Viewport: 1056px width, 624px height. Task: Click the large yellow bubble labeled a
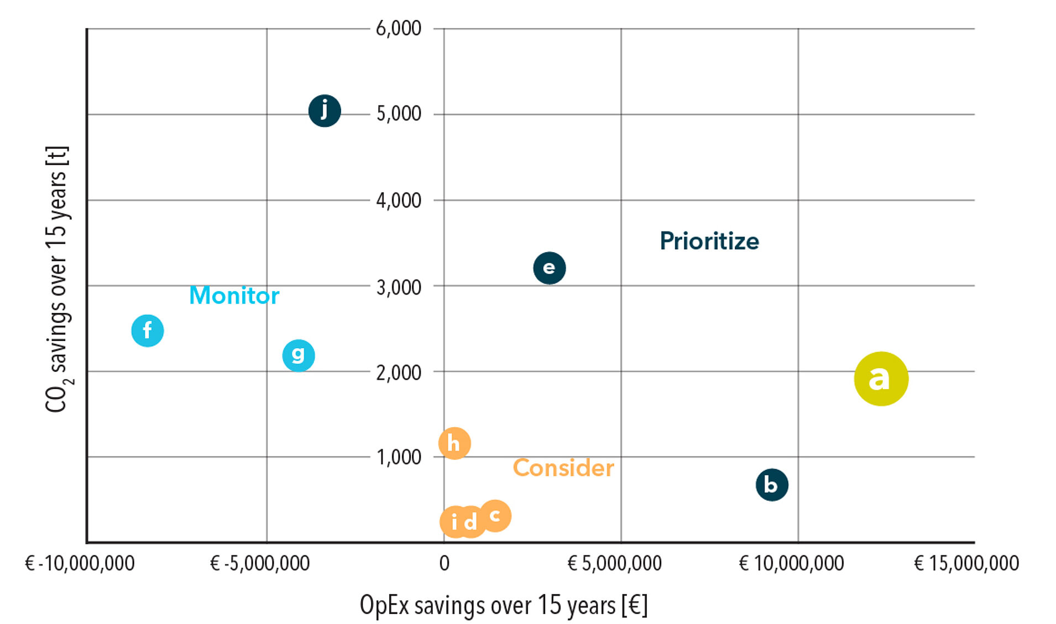coord(881,379)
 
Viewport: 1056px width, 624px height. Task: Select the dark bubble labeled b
coord(771,485)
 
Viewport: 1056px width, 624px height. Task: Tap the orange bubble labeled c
coord(495,516)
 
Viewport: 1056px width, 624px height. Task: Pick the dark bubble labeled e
coord(549,268)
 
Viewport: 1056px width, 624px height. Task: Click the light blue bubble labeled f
coord(148,331)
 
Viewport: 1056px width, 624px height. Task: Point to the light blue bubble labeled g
coord(299,355)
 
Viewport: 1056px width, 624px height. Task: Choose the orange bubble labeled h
coord(454,443)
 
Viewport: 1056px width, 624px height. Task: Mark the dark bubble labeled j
coord(325,111)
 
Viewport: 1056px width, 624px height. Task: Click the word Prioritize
coord(709,241)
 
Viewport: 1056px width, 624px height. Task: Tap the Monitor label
coord(234,295)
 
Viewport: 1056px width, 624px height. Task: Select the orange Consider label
coord(563,468)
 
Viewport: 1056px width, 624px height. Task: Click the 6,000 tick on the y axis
coord(399,28)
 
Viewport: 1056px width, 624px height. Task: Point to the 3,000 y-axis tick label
coord(399,287)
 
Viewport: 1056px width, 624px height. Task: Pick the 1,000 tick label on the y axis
coord(399,457)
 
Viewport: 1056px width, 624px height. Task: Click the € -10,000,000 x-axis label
coord(80,563)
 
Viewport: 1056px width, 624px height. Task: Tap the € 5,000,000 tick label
coord(614,563)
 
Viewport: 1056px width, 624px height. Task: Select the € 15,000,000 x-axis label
coord(966,563)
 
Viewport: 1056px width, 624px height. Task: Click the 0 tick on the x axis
coord(444,563)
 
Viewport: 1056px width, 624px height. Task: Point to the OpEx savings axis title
coord(503,605)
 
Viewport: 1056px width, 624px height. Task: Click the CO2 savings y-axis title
coord(57,279)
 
